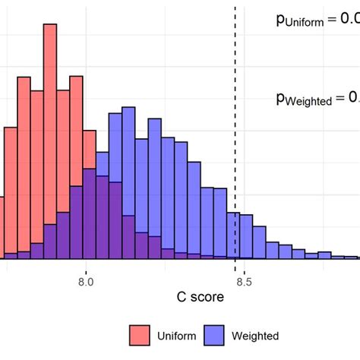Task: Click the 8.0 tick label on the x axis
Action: [85, 280]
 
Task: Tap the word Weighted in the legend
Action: [257, 336]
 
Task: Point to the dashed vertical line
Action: [235, 114]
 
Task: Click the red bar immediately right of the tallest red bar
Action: [64, 152]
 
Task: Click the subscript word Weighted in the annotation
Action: [307, 100]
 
